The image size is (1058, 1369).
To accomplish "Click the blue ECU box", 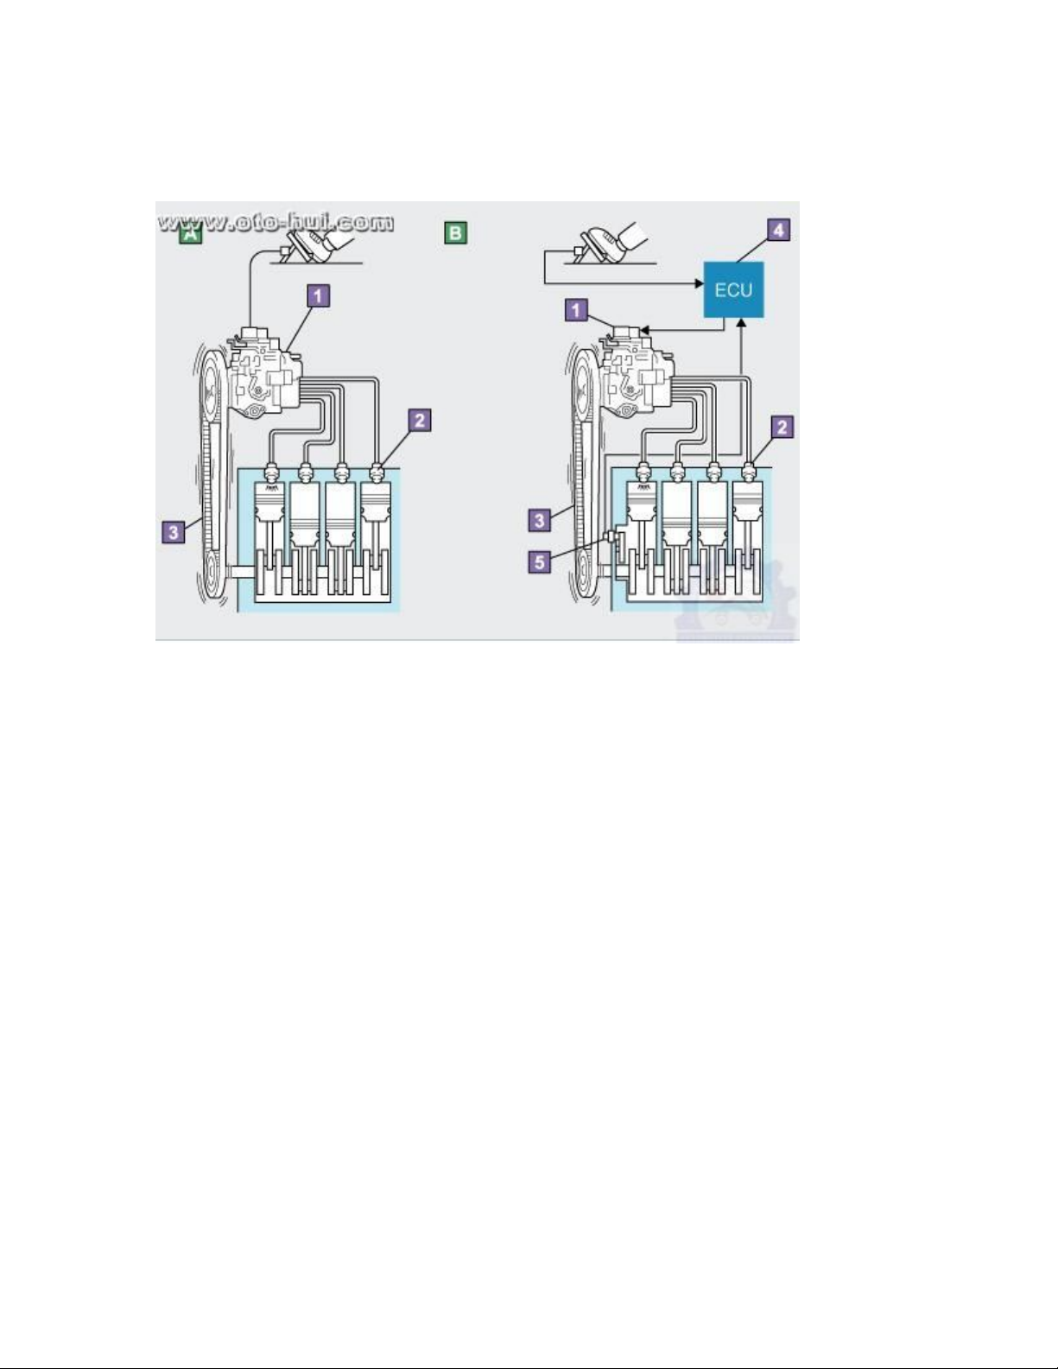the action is coord(733,290).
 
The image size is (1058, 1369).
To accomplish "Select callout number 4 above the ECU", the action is coord(778,231).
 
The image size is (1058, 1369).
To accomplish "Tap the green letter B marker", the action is coord(455,233).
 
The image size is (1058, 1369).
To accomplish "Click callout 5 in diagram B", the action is coord(540,562).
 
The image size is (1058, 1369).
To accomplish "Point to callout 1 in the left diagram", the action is coord(318,295).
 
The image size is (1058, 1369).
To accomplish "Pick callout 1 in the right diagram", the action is coord(576,310).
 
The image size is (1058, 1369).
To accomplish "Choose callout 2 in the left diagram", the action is coord(420,421).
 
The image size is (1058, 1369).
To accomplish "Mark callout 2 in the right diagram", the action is coord(782,428).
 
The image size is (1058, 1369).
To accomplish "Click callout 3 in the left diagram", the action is coord(174,532).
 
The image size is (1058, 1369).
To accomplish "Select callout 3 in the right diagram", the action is coord(540,520).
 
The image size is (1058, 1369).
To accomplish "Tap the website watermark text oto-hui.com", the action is coord(276,222).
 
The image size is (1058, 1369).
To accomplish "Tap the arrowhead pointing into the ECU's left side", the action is coord(699,283).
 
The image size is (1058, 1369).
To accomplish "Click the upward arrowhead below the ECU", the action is coord(742,323).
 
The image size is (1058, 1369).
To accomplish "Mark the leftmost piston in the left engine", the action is coord(271,504).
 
